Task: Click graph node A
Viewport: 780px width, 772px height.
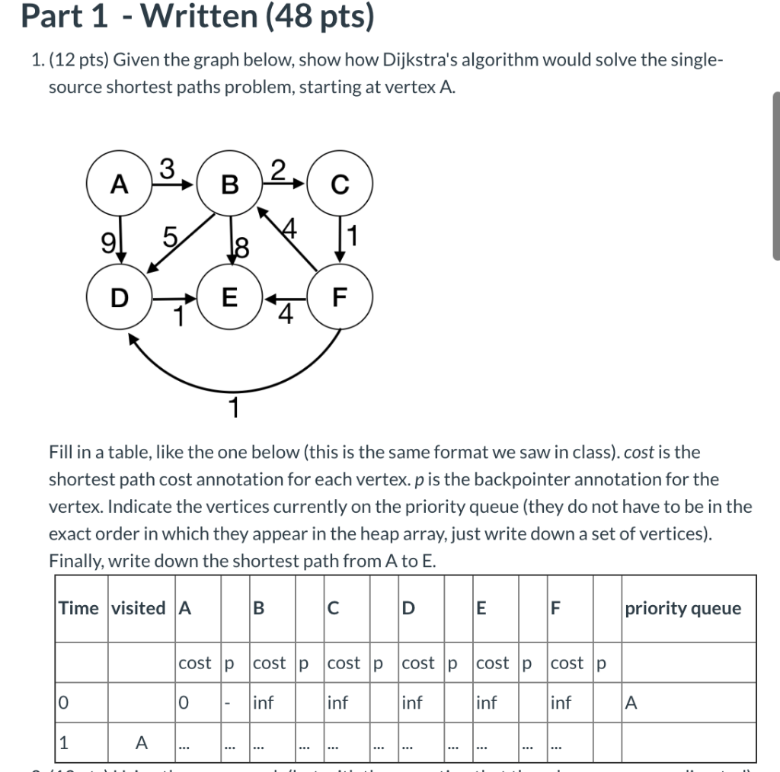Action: coord(118,184)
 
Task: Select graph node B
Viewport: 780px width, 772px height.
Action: coord(229,185)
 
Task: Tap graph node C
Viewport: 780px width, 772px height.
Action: coord(340,185)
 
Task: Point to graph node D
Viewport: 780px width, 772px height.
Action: coord(118,297)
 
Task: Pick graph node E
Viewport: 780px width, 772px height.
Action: coord(229,297)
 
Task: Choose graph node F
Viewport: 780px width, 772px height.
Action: coord(340,297)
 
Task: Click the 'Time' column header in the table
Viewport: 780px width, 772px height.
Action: coord(79,608)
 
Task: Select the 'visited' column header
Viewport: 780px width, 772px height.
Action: coord(138,608)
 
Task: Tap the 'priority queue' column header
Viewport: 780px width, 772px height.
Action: coord(682,608)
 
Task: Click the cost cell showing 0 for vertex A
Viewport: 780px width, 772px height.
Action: coord(184,703)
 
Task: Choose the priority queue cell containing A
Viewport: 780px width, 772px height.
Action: coord(630,703)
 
